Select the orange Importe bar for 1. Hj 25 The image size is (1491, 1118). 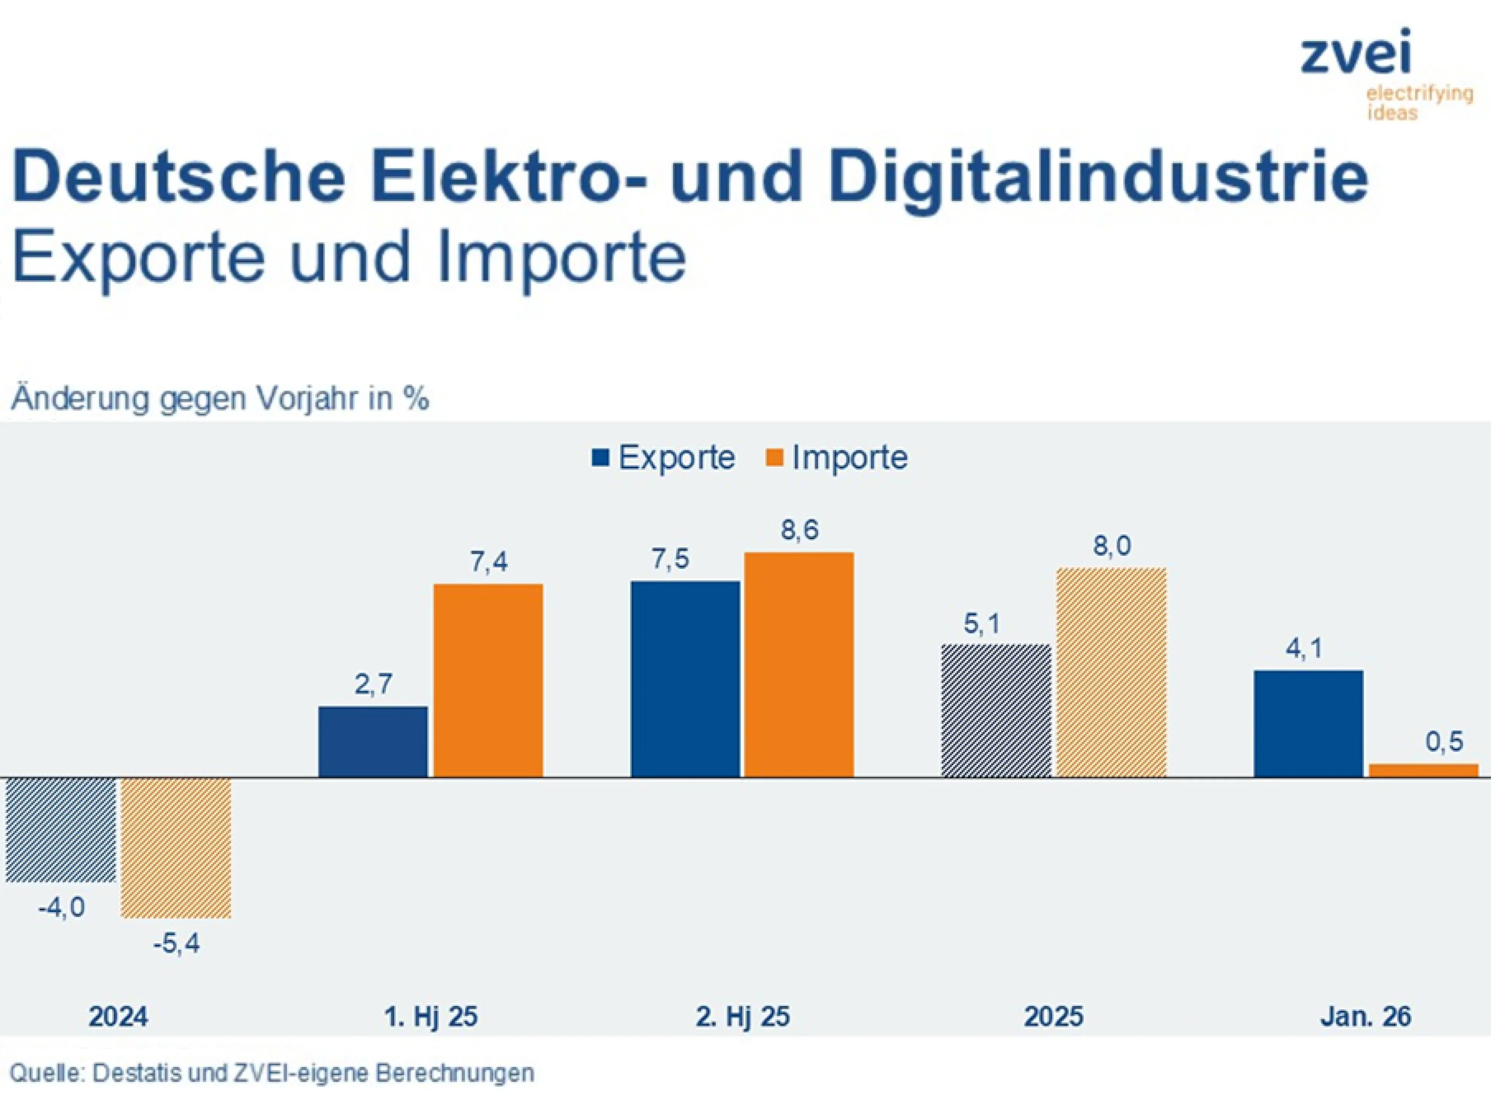coord(488,680)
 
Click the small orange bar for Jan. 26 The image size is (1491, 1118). coord(1423,770)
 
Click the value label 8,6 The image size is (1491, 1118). coord(799,530)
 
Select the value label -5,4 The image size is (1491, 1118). coord(177,943)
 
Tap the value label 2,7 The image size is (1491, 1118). coord(373,685)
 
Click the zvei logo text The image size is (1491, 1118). coord(1355,54)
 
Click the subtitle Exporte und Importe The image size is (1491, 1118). coord(349,257)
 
